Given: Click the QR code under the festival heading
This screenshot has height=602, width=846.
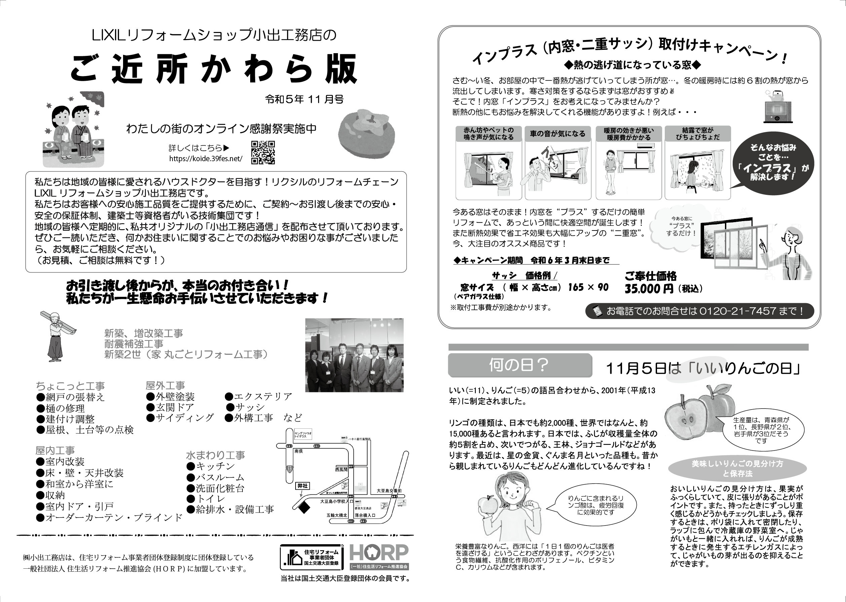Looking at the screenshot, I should pos(263,152).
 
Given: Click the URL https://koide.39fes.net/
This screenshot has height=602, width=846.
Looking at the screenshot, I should pos(205,158).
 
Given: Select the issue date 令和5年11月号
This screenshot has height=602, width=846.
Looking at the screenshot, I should pos(304,99).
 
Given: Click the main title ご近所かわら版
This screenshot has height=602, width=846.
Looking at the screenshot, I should pos(214,69).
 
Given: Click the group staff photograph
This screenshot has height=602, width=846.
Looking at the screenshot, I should pos(354,355).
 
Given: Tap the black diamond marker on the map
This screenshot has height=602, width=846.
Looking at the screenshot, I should pos(304,508).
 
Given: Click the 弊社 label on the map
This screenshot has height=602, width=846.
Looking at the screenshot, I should pos(302,486).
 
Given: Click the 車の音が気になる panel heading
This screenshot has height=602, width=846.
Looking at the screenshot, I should pos(557,134).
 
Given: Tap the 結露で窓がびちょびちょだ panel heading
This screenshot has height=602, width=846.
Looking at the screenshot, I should pos(697,134).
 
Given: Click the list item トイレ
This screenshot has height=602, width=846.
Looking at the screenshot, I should pos(210,499).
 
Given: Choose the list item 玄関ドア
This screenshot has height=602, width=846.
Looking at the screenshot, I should pos(175,407).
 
